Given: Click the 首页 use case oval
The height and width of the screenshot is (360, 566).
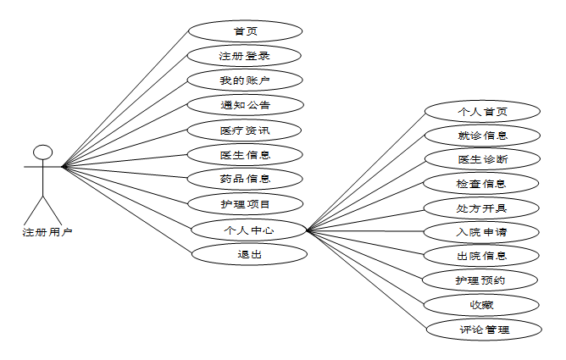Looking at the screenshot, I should click(x=245, y=31).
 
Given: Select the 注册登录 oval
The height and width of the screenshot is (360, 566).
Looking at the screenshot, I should click(x=245, y=56).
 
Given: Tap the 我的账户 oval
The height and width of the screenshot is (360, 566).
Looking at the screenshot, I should click(x=245, y=80).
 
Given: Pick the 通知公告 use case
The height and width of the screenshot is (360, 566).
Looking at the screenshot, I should click(x=245, y=105).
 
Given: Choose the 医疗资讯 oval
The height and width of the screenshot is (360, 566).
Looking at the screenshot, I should click(x=245, y=130).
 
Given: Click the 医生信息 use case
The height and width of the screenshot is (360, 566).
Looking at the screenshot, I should click(x=245, y=154).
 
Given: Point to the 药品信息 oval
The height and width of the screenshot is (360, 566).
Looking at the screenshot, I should click(x=245, y=179).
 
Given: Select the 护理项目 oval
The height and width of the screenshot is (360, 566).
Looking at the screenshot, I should click(x=245, y=203).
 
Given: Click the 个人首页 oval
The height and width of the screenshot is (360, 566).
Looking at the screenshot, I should click(x=482, y=111).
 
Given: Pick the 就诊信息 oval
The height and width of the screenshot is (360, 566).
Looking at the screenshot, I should click(x=482, y=135).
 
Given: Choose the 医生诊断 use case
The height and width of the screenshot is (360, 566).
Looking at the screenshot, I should click(x=482, y=158).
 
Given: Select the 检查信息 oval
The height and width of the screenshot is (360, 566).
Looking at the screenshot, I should click(x=482, y=183).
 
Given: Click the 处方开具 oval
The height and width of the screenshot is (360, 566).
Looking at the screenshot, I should click(x=482, y=207).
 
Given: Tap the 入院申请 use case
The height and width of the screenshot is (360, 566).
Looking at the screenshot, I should click(x=482, y=231).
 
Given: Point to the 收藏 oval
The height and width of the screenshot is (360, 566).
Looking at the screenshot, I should click(x=482, y=304).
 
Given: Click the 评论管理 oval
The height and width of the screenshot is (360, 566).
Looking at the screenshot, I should click(x=482, y=329).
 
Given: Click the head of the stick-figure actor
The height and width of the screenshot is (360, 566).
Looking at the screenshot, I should click(x=42, y=152).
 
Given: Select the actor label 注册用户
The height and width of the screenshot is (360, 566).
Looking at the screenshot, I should click(x=47, y=232).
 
